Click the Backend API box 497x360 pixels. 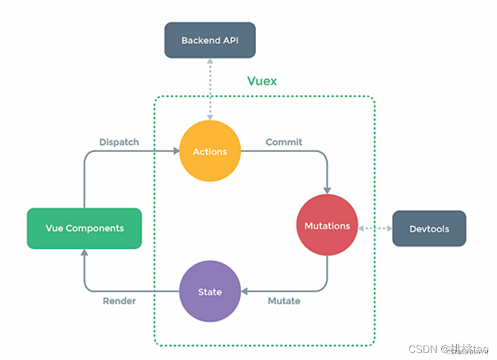coord(210,40)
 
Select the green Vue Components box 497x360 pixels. coord(84,228)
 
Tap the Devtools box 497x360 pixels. coord(429,229)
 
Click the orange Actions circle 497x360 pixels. coord(210,152)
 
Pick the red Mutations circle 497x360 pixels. coord(327,226)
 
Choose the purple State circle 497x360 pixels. coord(210,292)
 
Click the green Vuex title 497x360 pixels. coord(262,81)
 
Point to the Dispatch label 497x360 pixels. coord(119,142)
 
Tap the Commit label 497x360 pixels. coord(284,142)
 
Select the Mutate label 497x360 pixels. coord(284,301)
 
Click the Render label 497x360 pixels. coord(119,301)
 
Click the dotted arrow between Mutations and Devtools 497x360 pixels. coord(375,229)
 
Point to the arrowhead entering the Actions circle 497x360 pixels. coord(176,152)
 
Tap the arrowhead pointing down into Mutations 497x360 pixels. coord(328,189)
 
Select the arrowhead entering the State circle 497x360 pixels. coord(244,291)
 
